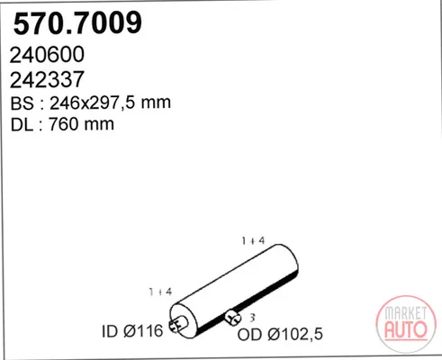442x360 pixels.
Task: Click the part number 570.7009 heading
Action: coord(77,23)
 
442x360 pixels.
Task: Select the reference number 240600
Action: coord(47,55)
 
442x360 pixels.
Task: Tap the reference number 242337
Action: coord(47,80)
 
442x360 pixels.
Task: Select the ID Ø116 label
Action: coord(132,331)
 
